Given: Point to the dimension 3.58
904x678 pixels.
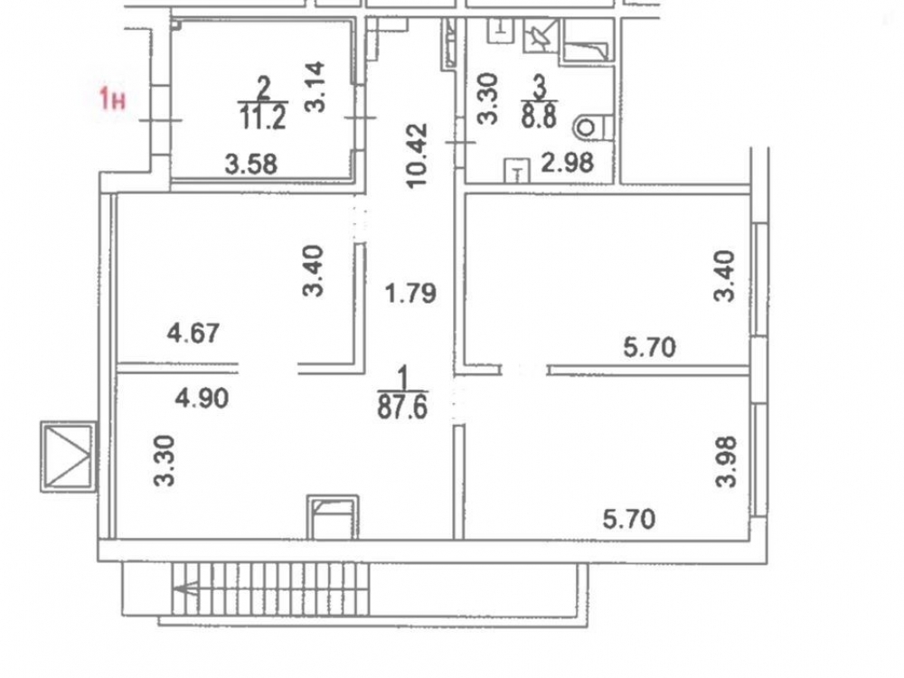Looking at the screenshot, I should coord(250,165).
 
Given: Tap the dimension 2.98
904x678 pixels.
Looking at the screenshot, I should coord(567,165).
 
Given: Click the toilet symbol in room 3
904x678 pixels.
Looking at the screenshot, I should coord(591,127).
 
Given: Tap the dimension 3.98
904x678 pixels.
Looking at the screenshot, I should coord(727,461).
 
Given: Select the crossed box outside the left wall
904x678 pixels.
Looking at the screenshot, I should coord(68,456).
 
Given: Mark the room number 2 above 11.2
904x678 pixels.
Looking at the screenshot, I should coord(264,89).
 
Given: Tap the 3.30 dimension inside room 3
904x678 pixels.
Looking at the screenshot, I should coord(487,99).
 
